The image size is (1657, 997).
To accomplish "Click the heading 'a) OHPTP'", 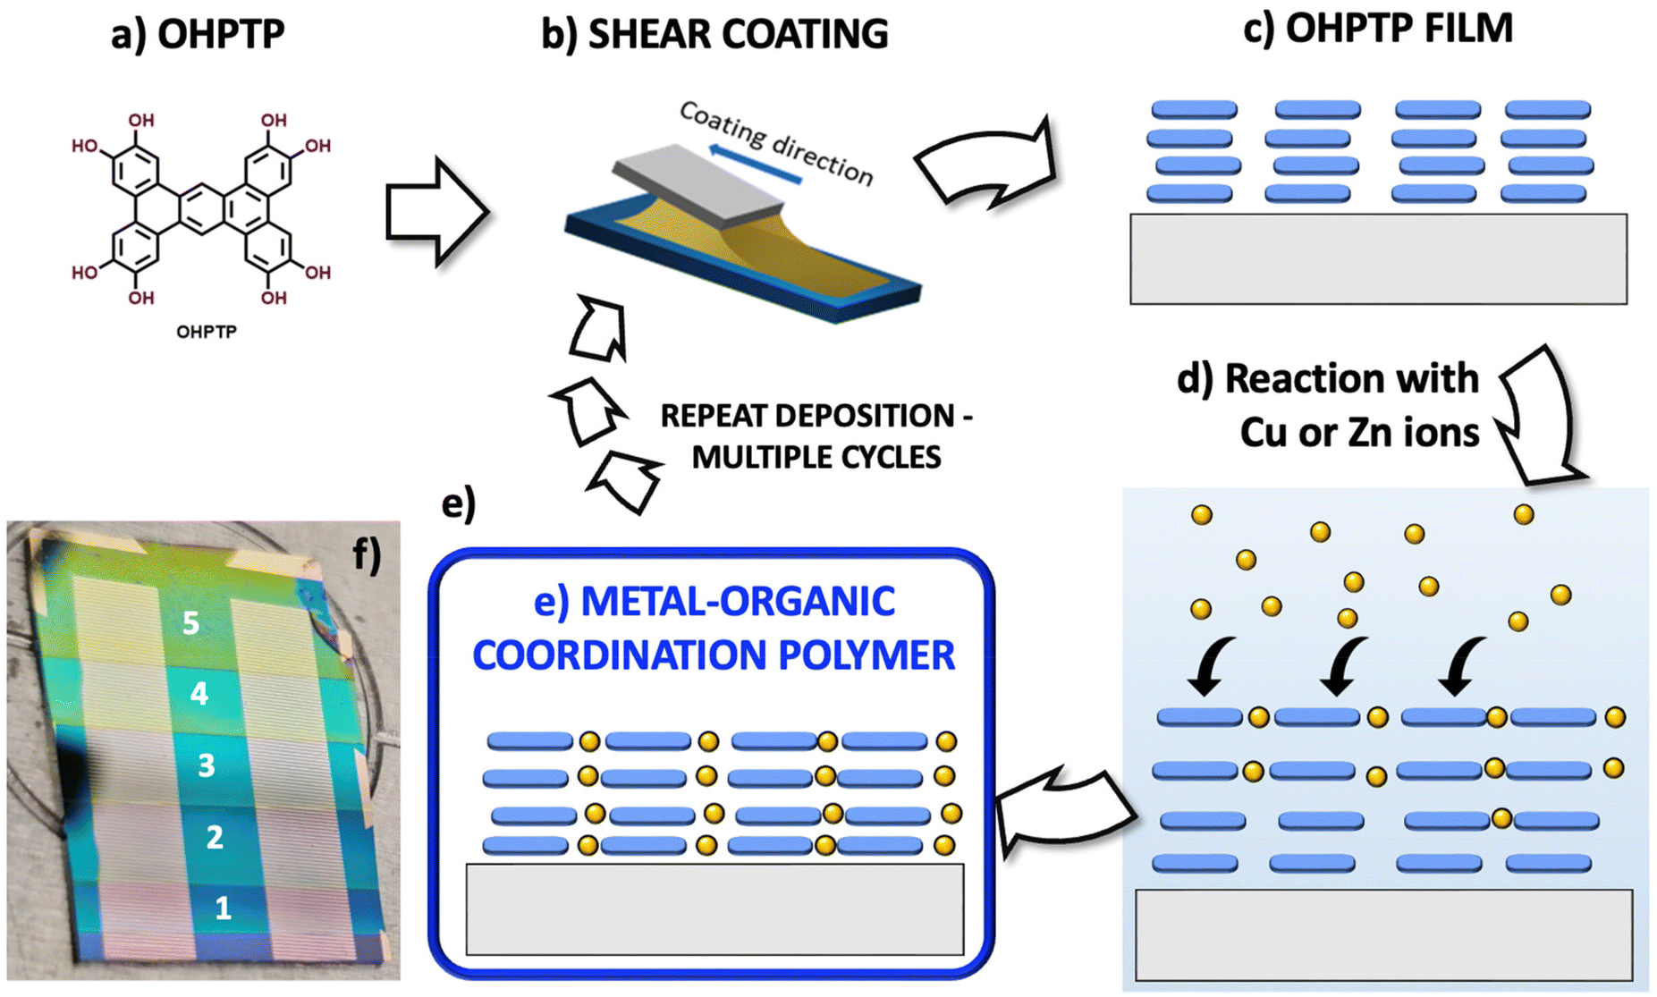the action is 198,34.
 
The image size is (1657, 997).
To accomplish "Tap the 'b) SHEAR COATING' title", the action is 714,34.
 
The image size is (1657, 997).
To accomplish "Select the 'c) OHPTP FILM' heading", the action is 1378,29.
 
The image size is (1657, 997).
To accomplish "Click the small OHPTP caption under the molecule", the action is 207,332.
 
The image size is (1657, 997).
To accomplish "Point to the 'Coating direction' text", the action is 775,143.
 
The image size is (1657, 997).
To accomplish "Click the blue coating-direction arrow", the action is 754,165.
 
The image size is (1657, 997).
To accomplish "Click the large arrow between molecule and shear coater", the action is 436,212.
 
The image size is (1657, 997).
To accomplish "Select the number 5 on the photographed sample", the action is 190,622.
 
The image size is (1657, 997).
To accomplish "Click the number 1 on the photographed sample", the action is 223,908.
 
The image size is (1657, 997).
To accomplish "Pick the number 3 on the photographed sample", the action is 207,765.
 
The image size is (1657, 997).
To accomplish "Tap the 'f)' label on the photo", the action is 367,553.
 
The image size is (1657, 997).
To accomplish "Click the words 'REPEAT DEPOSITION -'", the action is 816,416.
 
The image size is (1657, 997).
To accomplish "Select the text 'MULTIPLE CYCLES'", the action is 816,458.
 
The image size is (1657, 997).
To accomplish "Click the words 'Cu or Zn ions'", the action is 1359,433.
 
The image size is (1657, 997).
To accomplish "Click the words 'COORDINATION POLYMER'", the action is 714,655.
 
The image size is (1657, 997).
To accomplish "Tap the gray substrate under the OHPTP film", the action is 1378,258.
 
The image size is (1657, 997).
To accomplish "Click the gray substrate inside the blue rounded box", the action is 714,908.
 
